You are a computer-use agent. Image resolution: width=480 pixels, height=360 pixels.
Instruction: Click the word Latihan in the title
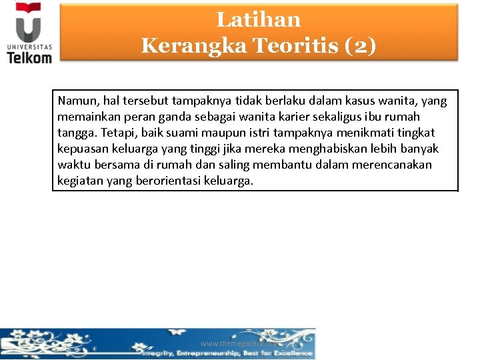(x=259, y=20)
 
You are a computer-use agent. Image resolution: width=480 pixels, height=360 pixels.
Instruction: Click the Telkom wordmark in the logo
(x=29, y=57)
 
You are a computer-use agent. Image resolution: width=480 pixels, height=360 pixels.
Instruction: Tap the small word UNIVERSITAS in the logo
(x=29, y=47)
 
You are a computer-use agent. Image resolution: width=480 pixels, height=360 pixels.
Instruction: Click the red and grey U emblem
(x=29, y=27)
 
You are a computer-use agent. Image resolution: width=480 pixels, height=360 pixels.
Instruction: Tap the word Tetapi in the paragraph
(x=117, y=133)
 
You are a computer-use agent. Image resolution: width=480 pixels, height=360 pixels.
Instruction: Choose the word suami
(x=181, y=133)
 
